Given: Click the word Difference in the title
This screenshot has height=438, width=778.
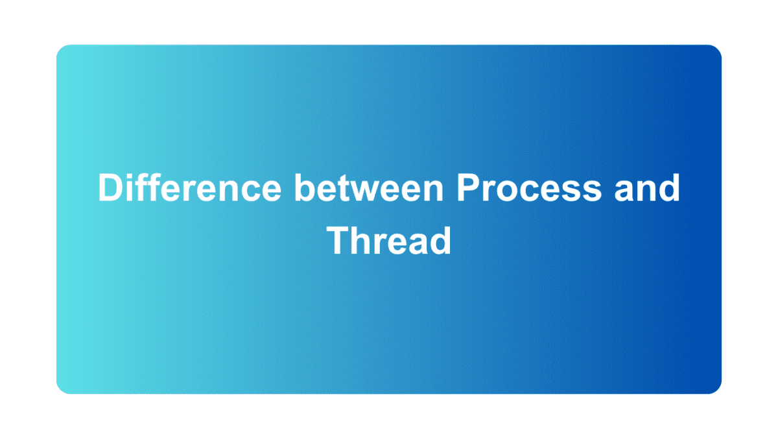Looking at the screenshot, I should pos(189,188).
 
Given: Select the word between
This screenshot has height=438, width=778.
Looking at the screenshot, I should pos(370,188).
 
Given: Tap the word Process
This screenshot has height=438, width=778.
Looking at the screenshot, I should pos(528,188).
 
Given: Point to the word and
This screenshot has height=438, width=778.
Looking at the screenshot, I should pos(646,188).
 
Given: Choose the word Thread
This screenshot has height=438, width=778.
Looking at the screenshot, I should pos(388,240).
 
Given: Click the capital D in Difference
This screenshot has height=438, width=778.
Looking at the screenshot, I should pos(110,188).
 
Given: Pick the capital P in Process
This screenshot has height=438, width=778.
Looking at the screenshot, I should pos(467,188).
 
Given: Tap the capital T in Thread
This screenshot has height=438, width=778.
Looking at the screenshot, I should pos(338,240).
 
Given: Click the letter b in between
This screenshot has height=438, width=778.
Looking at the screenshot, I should pos(305,188).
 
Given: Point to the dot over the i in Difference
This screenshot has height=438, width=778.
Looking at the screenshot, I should pos(130,176).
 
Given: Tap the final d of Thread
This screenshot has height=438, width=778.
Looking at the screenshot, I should pos(440,240).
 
